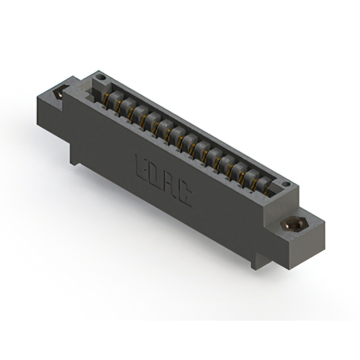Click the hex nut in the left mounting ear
coord(59,93)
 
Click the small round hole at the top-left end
coord(101,77)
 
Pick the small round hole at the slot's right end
coord(286,184)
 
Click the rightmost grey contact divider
coord(264,183)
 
